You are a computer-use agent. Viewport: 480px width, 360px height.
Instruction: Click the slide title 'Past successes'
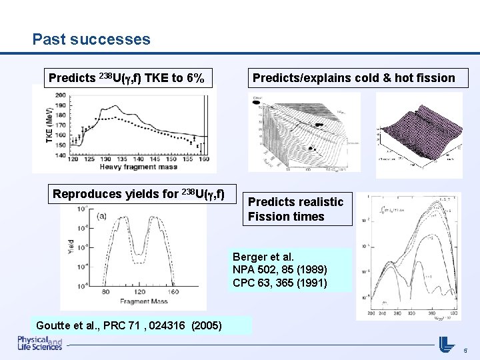pyautogui.click(x=91, y=39)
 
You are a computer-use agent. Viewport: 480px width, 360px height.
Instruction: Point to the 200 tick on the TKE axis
pyautogui.click(x=60, y=95)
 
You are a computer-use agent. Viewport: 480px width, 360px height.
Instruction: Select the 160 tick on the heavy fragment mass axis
pyautogui.click(x=203, y=159)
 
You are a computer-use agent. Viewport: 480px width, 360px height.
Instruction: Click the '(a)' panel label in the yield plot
pyautogui.click(x=102, y=215)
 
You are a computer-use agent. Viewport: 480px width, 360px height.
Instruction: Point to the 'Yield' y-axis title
pyautogui.click(x=71, y=247)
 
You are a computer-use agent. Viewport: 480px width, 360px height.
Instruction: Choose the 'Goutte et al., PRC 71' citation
pyautogui.click(x=94, y=325)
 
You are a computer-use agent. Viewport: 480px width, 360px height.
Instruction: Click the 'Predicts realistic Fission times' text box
pyautogui.click(x=296, y=209)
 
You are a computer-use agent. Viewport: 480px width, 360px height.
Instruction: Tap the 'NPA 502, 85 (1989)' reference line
pyautogui.click(x=279, y=270)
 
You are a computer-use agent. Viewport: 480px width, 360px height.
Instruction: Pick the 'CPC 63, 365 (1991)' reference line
pyautogui.click(x=279, y=283)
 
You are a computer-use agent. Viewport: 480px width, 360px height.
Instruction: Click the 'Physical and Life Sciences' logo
pyautogui.click(x=40, y=343)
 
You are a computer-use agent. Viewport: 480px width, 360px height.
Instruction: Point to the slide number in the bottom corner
pyautogui.click(x=465, y=348)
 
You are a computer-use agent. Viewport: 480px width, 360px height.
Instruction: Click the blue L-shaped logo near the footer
pyautogui.click(x=446, y=345)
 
